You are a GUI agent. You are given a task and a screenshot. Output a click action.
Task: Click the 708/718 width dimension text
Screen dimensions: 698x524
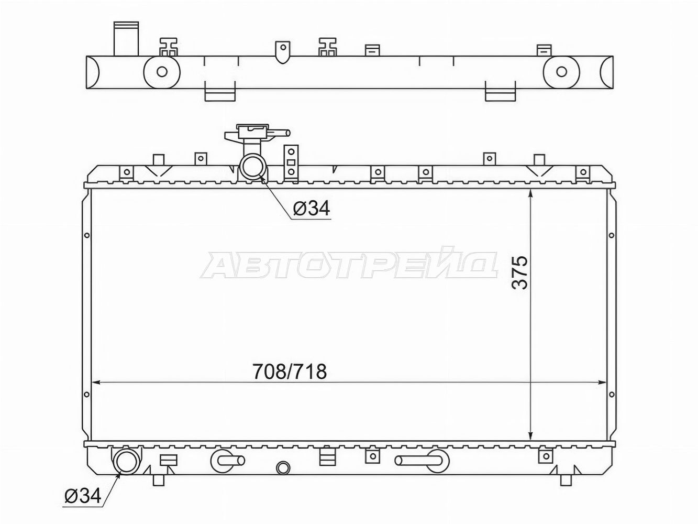click(x=290, y=372)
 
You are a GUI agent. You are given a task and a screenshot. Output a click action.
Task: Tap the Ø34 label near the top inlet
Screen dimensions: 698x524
click(x=312, y=209)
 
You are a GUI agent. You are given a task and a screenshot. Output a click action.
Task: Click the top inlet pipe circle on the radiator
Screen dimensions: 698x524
click(x=253, y=167)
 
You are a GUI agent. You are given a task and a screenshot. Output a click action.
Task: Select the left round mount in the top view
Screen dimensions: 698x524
click(x=162, y=72)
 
